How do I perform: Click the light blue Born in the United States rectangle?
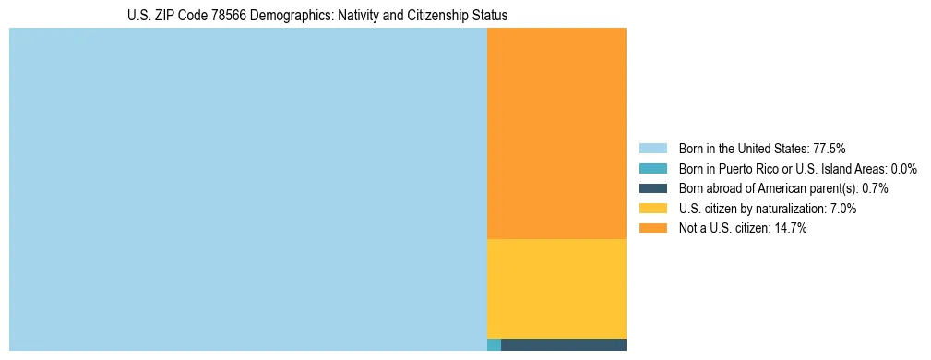(247, 189)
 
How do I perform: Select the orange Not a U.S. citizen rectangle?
(556, 133)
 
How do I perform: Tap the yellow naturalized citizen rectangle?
(556, 289)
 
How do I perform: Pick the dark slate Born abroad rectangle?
(563, 345)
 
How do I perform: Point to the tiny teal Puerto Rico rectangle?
(494, 345)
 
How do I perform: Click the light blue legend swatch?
(652, 149)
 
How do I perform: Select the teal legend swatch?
(652, 169)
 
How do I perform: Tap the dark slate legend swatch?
(652, 188)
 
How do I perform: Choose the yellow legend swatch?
(652, 209)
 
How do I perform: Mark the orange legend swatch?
(652, 229)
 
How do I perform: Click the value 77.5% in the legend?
(830, 149)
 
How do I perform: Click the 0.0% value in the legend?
(904, 169)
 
